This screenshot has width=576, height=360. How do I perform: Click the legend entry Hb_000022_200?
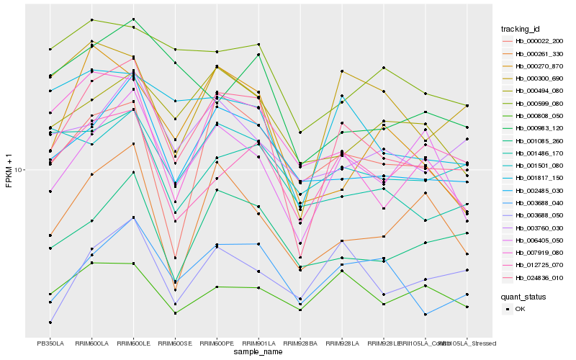pyautogui.click(x=539, y=41)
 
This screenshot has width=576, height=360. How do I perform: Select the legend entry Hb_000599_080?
pyautogui.click(x=539, y=103)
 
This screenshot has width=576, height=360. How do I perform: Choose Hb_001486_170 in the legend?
pyautogui.click(x=539, y=153)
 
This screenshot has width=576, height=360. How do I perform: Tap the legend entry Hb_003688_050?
pyautogui.click(x=539, y=215)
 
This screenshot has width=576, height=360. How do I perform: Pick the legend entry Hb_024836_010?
pyautogui.click(x=539, y=277)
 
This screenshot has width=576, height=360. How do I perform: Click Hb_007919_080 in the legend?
pyautogui.click(x=539, y=253)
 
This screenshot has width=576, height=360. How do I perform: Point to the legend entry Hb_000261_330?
pyautogui.click(x=539, y=54)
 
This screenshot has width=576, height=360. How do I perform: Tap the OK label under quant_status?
pyautogui.click(x=521, y=308)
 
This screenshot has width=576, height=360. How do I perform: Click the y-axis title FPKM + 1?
pyautogui.click(x=9, y=170)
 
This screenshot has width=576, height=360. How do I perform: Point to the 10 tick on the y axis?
pyautogui.click(x=19, y=170)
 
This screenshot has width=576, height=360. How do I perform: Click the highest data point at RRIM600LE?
pyautogui.click(x=133, y=19)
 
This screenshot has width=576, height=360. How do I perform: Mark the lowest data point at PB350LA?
pyautogui.click(x=50, y=322)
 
